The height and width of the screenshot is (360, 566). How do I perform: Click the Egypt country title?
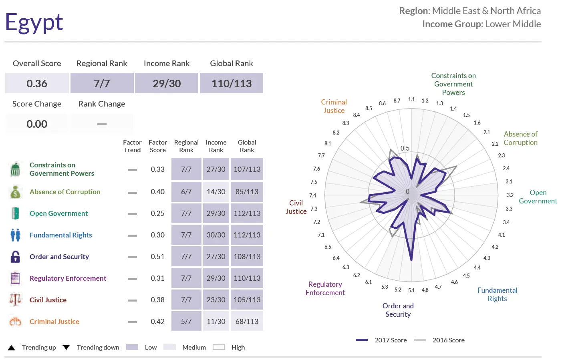pos(34,22)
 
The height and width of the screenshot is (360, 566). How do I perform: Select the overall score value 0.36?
pos(37,83)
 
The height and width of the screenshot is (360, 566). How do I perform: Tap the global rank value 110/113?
pos(232,83)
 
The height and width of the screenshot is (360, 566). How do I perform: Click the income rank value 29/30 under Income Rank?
pos(167,83)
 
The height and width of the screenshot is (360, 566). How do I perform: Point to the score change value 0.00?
pos(37,124)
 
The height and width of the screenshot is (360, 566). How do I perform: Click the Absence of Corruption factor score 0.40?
pos(157,192)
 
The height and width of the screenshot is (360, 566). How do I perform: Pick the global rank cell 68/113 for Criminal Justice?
pos(247,322)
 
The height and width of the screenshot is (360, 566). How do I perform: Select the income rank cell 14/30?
pos(216,192)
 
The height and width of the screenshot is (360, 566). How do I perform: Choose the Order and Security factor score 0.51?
pos(157,257)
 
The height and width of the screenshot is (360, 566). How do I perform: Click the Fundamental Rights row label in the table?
pos(61,235)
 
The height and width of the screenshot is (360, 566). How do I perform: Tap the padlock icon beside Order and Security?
pos(15,257)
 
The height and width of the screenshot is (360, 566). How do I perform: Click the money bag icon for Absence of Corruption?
pos(15,192)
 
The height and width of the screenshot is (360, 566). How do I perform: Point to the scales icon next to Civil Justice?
pos(15,300)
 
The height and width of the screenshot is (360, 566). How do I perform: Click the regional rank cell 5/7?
pos(186,322)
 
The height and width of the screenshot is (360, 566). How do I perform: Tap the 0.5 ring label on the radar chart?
pos(405,148)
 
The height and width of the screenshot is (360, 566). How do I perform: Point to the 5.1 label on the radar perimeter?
pos(411,290)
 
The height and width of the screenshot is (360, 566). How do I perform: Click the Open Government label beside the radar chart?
pos(538,197)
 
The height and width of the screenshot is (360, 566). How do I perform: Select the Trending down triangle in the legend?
pos(66,348)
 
